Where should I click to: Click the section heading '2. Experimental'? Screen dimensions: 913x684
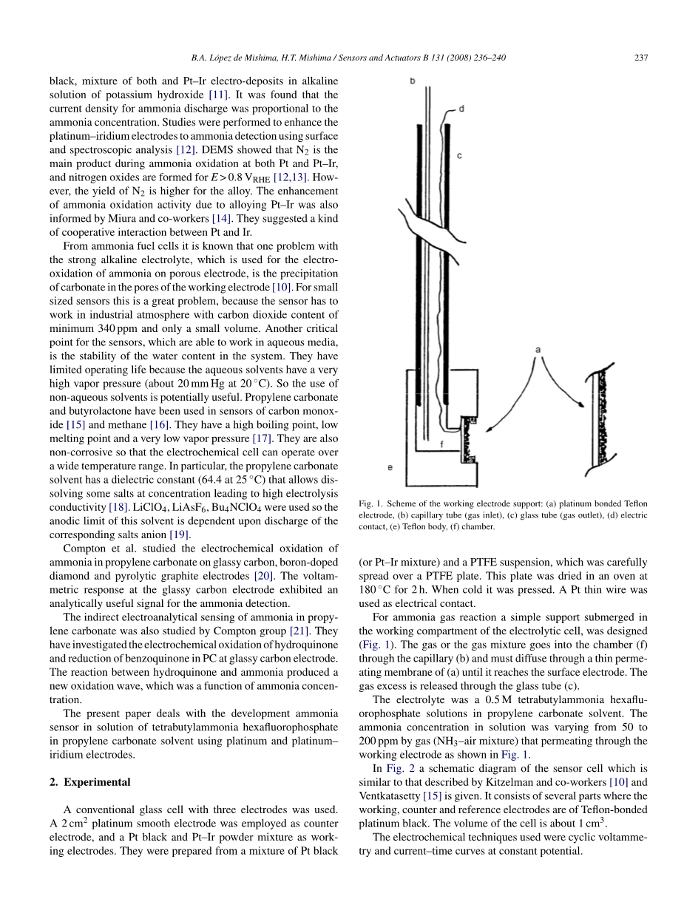click(x=97, y=782)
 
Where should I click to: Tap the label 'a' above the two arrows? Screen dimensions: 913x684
click(x=538, y=347)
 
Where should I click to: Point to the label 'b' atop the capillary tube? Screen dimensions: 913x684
click(x=412, y=79)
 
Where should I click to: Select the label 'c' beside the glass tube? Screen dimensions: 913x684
click(x=459, y=156)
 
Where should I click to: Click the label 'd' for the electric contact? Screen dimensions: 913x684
click(x=461, y=109)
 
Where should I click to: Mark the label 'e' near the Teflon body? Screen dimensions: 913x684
click(x=390, y=467)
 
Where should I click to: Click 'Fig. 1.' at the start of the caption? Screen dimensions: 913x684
click(x=370, y=503)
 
